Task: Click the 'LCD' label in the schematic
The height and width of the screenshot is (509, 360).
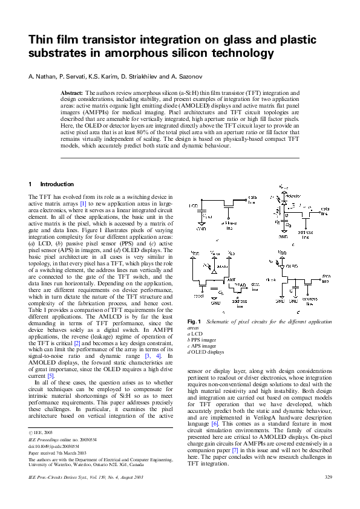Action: [x=194, y=206]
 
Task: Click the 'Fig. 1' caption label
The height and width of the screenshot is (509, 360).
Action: [x=195, y=321]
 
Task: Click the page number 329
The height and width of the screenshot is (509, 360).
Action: [x=329, y=495]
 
